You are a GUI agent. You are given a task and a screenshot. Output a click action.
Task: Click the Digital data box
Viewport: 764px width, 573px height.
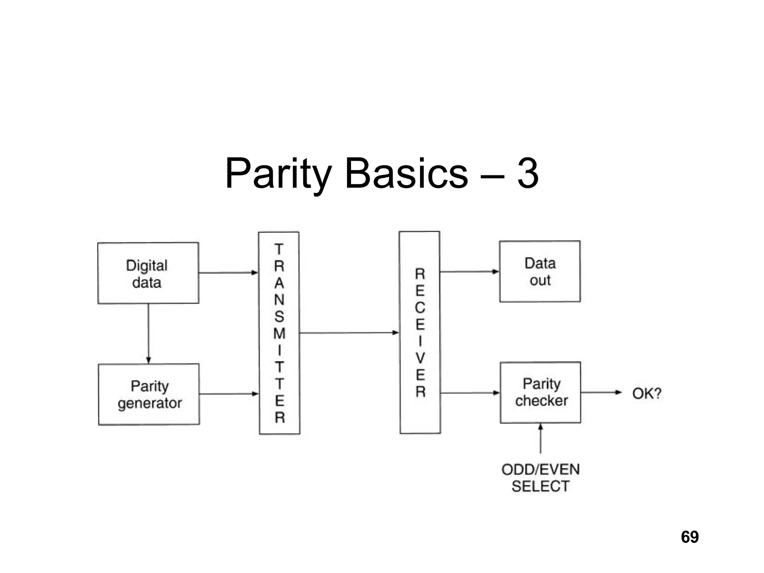pos(148,273)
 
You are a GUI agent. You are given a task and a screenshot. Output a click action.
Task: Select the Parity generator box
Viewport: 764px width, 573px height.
pos(149,394)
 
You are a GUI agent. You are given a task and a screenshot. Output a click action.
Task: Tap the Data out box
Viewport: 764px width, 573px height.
pos(540,271)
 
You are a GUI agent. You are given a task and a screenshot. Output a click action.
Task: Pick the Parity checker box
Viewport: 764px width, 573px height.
pos(541,392)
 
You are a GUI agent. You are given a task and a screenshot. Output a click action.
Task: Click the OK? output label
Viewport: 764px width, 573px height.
pos(646,393)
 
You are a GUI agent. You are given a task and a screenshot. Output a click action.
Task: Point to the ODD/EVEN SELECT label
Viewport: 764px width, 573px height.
pos(541,478)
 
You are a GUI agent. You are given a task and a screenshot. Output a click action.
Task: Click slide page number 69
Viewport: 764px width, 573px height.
pos(689,537)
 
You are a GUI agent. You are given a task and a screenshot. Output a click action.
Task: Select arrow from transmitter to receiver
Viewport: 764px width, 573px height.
pos(349,333)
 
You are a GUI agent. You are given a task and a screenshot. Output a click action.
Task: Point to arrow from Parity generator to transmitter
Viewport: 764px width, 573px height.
pos(229,394)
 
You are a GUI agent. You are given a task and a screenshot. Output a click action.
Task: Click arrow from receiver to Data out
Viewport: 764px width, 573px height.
pos(469,272)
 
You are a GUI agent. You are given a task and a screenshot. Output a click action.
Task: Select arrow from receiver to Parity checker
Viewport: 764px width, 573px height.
pos(470,393)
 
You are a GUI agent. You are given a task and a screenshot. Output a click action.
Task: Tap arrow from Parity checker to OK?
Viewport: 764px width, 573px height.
pos(601,392)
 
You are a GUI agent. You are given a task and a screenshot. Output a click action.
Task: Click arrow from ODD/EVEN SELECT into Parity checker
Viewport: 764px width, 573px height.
pos(541,438)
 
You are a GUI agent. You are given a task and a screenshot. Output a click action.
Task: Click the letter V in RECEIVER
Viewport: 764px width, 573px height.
pos(420,358)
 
